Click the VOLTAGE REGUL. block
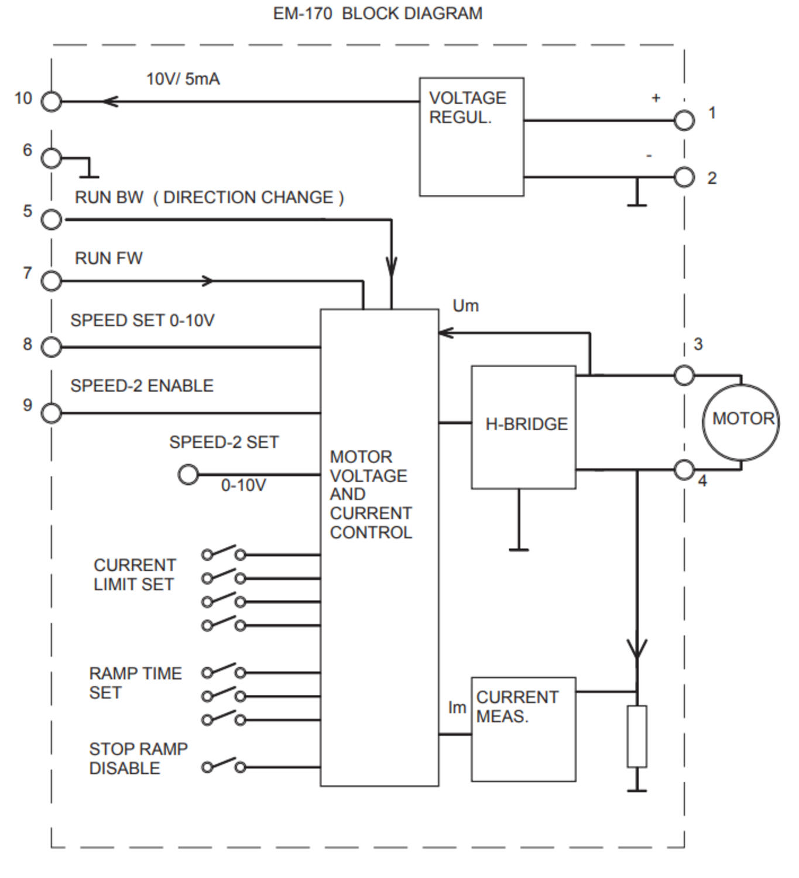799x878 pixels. pyautogui.click(x=471, y=137)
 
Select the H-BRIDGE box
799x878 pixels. pyautogui.click(x=523, y=427)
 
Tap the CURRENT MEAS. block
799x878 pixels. pyautogui.click(x=523, y=729)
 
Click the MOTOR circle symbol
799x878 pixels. pyautogui.click(x=741, y=421)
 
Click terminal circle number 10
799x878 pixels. pyautogui.click(x=52, y=102)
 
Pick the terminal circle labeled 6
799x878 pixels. pyautogui.click(x=52, y=158)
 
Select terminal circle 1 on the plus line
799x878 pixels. pyautogui.click(x=684, y=121)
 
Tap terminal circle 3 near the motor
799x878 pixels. pyautogui.click(x=684, y=375)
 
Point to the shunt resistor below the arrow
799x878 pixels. pyautogui.click(x=637, y=736)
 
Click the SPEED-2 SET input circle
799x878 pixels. pyautogui.click(x=188, y=474)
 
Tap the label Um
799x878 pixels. pyautogui.click(x=465, y=306)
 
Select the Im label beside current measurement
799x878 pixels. pyautogui.click(x=457, y=708)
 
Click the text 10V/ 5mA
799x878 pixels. pyautogui.click(x=183, y=79)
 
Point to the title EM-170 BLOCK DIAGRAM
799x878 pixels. pyautogui.click(x=378, y=13)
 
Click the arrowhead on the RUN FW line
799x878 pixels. pyautogui.click(x=208, y=281)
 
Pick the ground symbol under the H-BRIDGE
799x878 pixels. pyautogui.click(x=519, y=549)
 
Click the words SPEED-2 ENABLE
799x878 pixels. pyautogui.click(x=142, y=386)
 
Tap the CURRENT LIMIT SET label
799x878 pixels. pyautogui.click(x=134, y=575)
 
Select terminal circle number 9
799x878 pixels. pyautogui.click(x=52, y=413)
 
